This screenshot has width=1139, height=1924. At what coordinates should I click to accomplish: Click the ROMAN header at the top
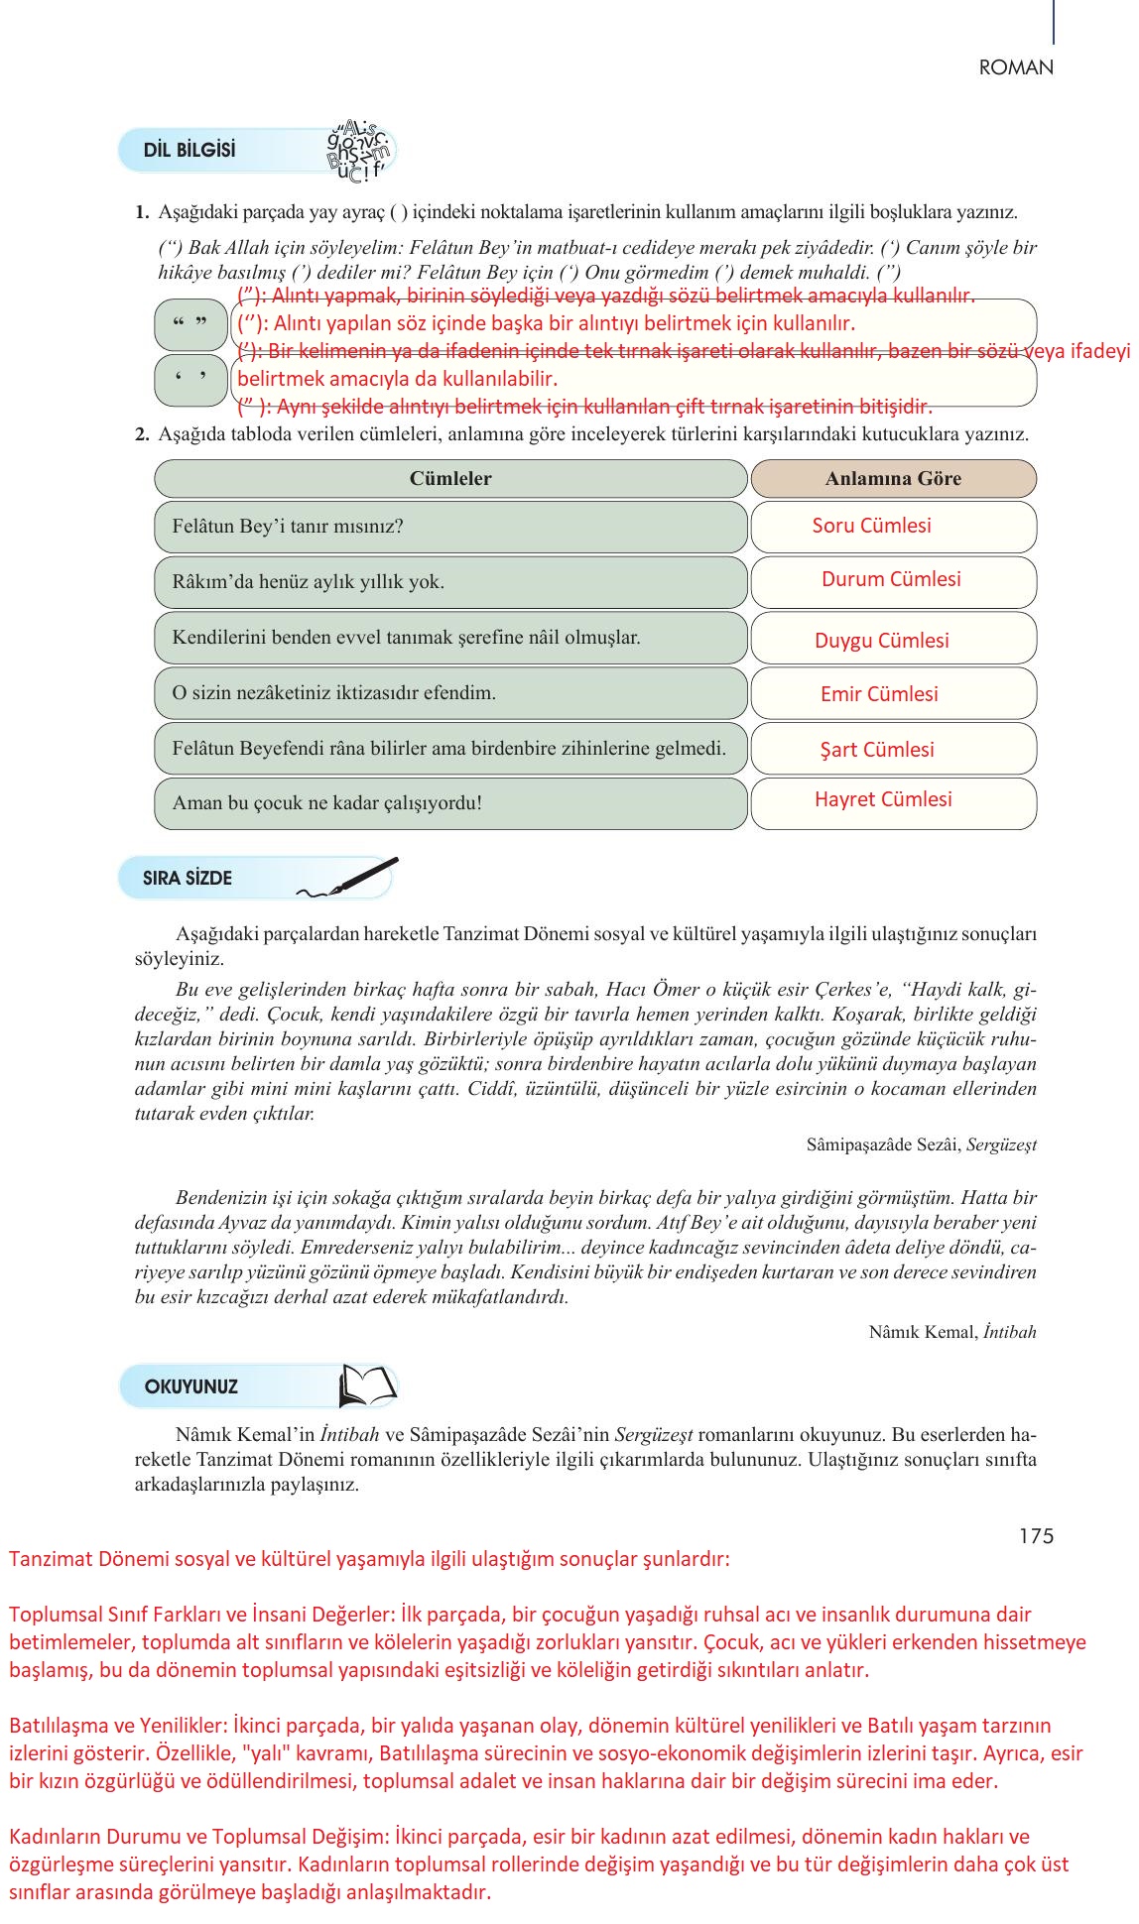[x=1016, y=67]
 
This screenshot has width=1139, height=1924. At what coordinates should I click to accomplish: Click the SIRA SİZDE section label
[x=188, y=878]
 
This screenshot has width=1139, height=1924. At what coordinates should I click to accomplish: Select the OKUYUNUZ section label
[x=191, y=1386]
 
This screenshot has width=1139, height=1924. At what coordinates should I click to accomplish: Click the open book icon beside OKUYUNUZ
[x=367, y=1385]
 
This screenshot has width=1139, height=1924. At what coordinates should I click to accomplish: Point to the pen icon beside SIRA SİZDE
[x=349, y=878]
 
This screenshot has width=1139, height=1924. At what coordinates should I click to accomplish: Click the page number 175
[x=1036, y=1536]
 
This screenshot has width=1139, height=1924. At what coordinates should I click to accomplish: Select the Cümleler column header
[x=450, y=478]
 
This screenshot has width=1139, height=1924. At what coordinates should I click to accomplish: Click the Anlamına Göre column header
[x=893, y=478]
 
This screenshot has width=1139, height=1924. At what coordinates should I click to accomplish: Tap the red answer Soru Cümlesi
[x=871, y=526]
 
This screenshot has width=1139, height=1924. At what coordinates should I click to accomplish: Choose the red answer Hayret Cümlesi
[x=883, y=799]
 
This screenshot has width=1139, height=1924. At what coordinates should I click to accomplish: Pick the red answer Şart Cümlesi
[x=877, y=750]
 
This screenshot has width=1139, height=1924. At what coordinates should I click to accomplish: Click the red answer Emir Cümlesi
[x=879, y=694]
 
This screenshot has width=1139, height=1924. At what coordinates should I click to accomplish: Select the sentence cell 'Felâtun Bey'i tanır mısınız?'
[x=288, y=527]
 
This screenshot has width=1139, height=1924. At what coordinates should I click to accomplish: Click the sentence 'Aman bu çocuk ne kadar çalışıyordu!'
[x=327, y=803]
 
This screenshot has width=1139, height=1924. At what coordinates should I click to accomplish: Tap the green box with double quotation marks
[x=190, y=325]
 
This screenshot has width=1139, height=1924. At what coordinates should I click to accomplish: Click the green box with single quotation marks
[x=190, y=380]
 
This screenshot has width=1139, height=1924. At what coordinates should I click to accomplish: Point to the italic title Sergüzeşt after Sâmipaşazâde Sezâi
[x=1001, y=1144]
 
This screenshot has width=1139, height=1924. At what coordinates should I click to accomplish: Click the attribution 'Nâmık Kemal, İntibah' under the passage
[x=952, y=1332]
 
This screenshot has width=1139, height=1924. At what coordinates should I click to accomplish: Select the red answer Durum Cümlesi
[x=891, y=579]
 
